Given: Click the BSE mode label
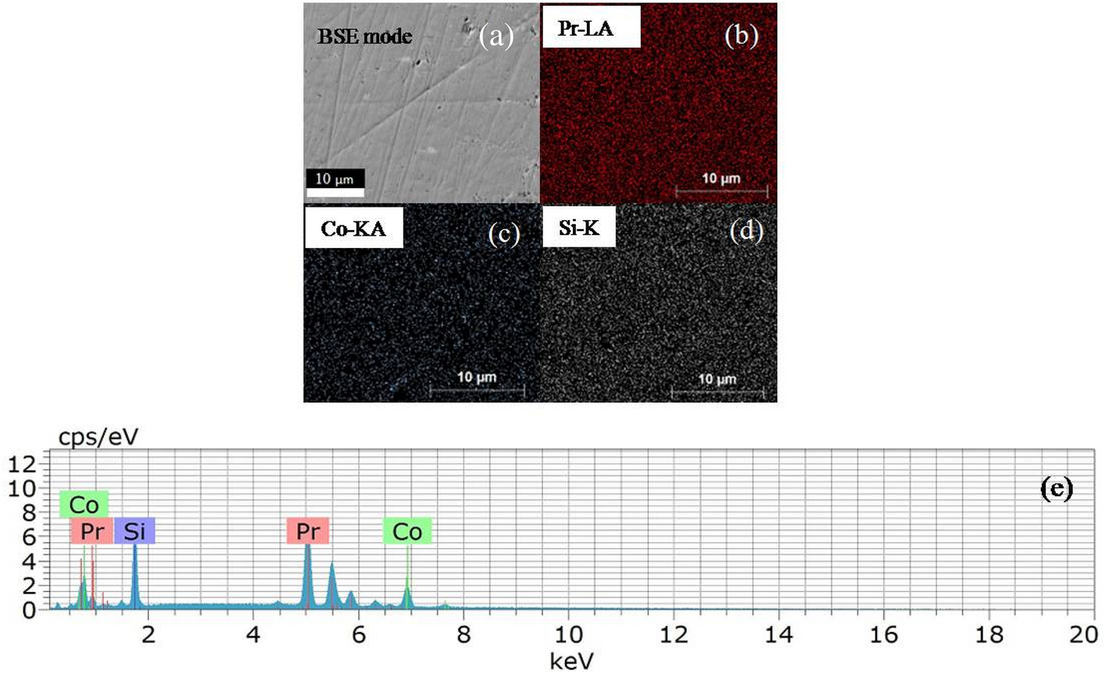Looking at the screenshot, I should pos(364,36).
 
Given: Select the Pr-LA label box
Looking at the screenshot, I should pos(591,27).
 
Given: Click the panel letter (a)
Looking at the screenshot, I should pos(496,37).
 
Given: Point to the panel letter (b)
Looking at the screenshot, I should pos(741,37).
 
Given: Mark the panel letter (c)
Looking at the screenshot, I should pos(503,234).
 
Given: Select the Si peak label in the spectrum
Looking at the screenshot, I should pos(134,531).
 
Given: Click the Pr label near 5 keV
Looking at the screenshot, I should pos(307,531).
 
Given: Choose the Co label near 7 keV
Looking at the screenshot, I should pos(407,531).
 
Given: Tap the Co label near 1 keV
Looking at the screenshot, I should pos(83,505).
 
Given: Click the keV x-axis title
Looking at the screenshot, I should pos(571,661).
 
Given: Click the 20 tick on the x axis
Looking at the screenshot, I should pos(1083,633).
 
